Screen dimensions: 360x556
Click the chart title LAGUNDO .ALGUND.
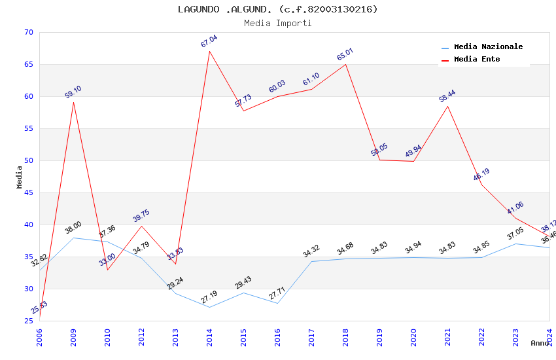(x=278, y=9)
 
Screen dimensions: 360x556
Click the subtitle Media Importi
(x=278, y=23)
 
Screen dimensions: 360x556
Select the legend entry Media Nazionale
(x=488, y=46)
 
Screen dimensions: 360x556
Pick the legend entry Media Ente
(x=477, y=59)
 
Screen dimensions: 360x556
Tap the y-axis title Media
(x=20, y=177)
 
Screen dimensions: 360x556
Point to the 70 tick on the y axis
(x=27, y=32)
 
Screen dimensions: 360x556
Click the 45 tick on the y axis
(x=27, y=192)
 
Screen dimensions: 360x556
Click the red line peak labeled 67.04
(x=209, y=51)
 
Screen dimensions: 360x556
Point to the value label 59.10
(x=73, y=92)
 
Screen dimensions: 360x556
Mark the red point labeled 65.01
(x=345, y=63)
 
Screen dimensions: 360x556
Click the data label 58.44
(x=447, y=96)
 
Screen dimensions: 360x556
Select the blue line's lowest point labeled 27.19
(x=209, y=307)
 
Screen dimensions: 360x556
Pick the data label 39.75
(x=141, y=216)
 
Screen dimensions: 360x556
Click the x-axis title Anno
(x=540, y=343)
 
